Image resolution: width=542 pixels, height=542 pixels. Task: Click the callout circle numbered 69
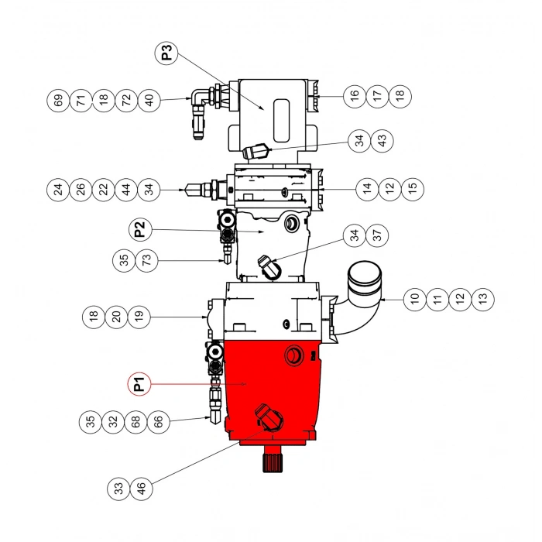coord(57,99)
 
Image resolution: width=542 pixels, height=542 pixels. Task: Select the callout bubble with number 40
coord(149,99)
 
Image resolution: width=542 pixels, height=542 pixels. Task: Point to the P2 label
coord(139,229)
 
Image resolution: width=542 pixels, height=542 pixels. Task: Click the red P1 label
coord(139,383)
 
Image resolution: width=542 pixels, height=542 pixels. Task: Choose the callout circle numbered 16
coord(355,95)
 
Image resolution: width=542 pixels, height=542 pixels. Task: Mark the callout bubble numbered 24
coord(57,188)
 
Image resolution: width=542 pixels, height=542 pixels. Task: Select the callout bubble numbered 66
coord(158,421)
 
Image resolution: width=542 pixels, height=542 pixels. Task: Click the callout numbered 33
coord(118,489)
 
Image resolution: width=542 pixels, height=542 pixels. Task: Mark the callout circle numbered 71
coord(80,99)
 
